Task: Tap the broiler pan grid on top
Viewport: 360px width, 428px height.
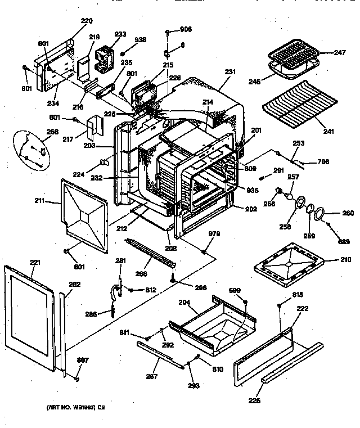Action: pos(293,57)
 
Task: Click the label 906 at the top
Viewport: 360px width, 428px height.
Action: pos(185,30)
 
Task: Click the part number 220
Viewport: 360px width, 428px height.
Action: pos(87,21)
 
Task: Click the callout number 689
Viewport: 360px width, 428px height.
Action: pos(344,242)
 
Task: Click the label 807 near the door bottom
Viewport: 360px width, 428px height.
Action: pos(83,361)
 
